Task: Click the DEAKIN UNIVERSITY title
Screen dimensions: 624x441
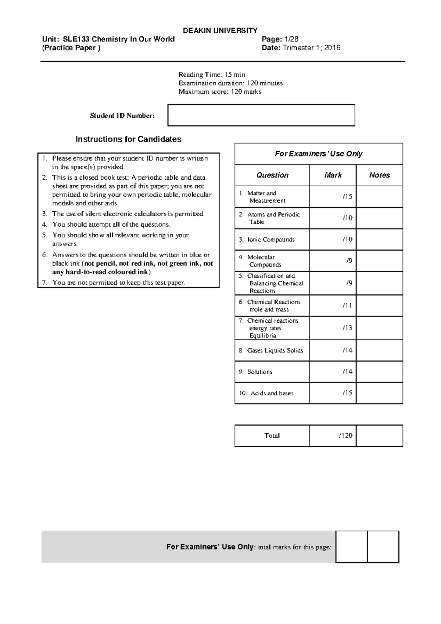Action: [220, 31]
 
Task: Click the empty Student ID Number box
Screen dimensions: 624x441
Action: [261, 115]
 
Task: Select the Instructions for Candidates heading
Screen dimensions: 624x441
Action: [128, 139]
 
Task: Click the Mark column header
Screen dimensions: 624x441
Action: [333, 175]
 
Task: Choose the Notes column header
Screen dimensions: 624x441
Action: [379, 175]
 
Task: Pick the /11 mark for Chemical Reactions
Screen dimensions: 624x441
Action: [347, 305]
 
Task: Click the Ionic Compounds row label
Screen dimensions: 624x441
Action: [271, 240]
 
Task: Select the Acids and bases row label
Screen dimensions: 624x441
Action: [272, 393]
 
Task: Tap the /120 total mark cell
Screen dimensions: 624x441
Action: [345, 436]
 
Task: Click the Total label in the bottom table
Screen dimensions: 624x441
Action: [272, 436]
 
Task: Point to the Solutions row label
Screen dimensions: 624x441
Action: [259, 372]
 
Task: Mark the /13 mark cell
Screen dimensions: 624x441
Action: [347, 328]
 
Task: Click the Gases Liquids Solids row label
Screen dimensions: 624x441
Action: [275, 351]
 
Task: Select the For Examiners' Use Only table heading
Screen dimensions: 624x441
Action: [319, 154]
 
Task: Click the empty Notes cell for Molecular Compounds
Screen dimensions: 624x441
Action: [379, 261]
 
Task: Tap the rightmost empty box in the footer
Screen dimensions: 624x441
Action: [383, 547]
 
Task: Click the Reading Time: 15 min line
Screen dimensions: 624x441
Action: [212, 75]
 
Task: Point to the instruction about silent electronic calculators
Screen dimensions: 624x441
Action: [128, 214]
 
